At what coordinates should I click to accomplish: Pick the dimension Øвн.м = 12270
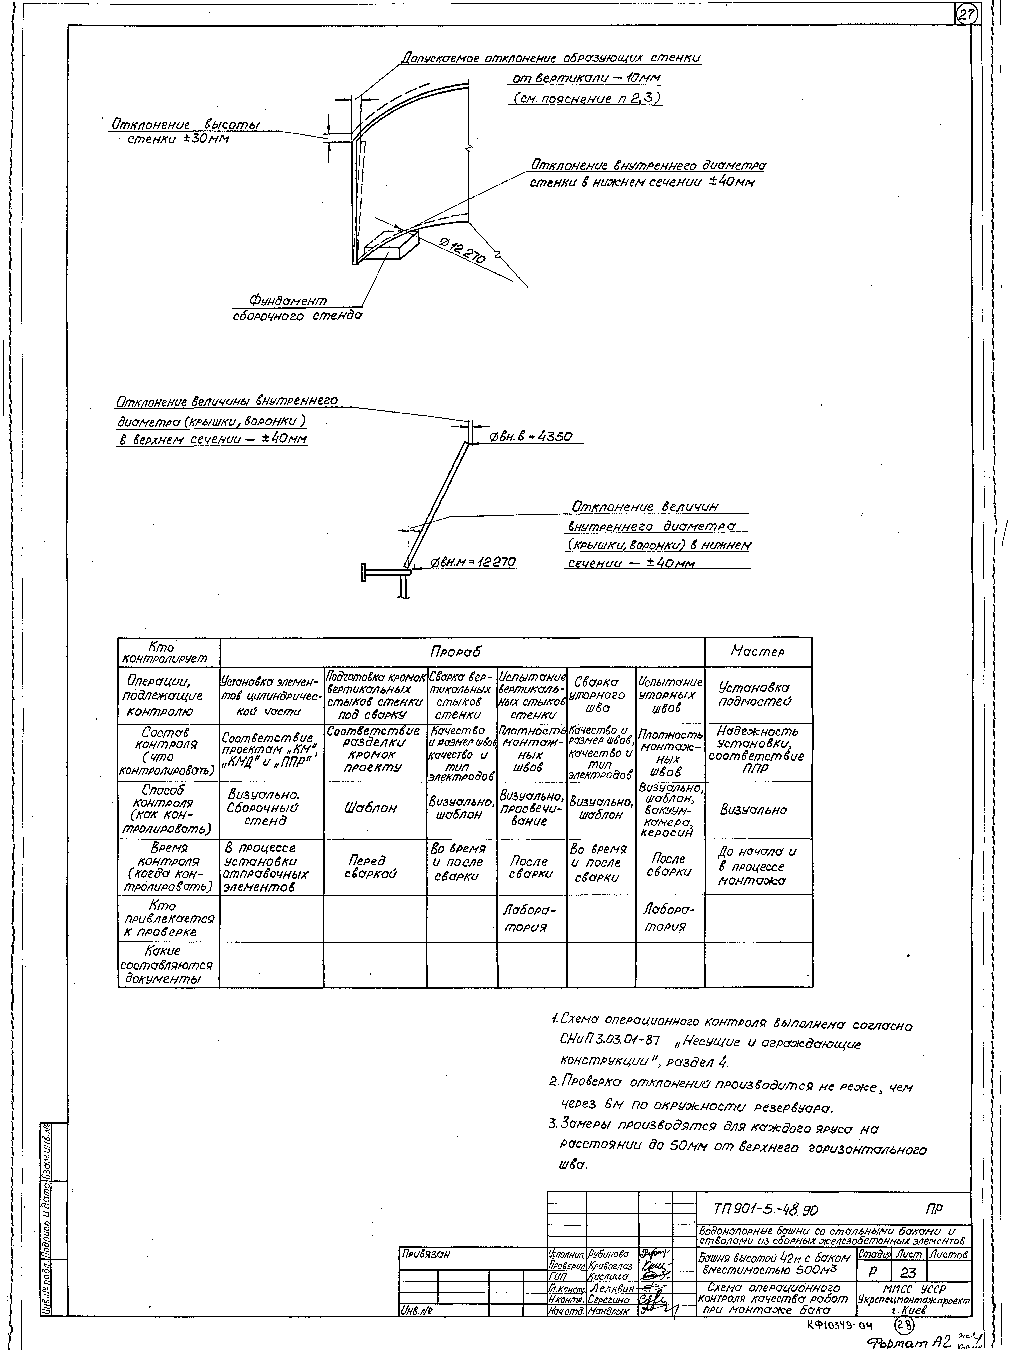tap(473, 561)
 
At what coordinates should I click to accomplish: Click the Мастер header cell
tap(757, 652)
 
